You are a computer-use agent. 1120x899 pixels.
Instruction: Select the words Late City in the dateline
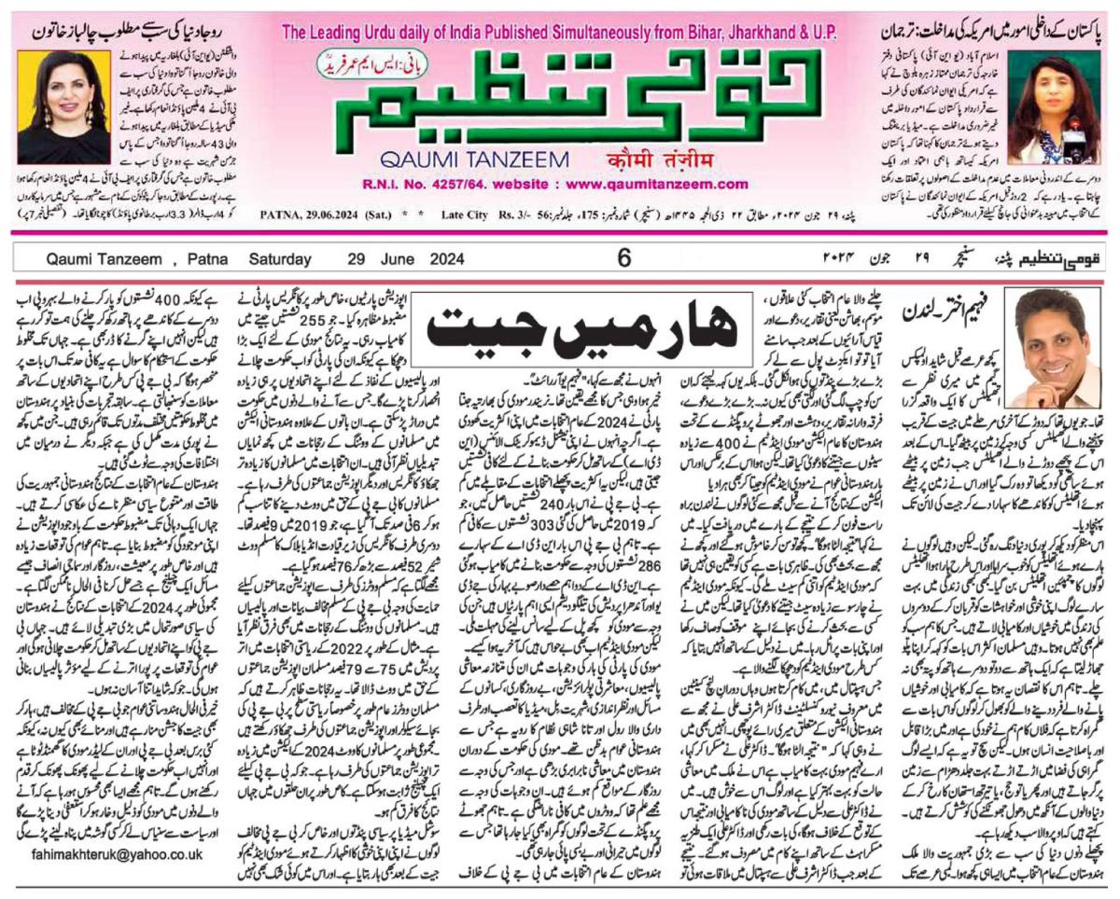[x=465, y=214]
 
